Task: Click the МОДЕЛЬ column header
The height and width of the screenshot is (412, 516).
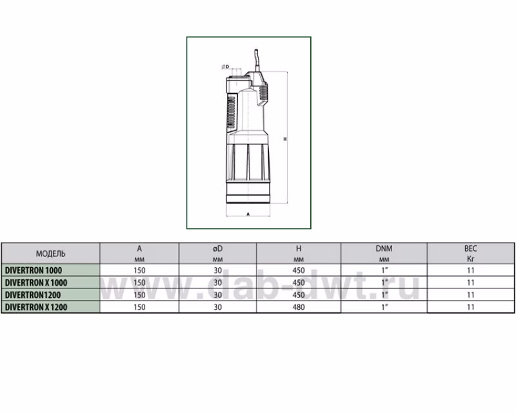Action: point(51,254)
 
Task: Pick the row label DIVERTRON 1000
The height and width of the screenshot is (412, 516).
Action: point(34,270)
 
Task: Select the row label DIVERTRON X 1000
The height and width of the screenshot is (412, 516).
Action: point(36,283)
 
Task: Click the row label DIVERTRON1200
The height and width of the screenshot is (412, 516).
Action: point(33,295)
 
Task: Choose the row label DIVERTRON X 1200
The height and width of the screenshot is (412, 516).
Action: point(36,307)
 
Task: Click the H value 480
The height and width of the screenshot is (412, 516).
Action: point(299,307)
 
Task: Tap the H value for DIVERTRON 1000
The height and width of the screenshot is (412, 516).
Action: point(299,270)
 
